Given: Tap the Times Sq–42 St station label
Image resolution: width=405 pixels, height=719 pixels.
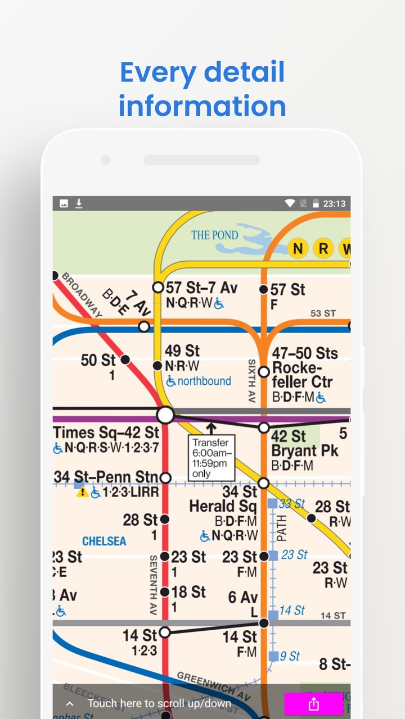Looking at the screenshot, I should tap(106, 433).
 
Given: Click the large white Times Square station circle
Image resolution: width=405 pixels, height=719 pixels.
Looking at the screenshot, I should tap(165, 415).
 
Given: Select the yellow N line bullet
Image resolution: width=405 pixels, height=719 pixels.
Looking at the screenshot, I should tap(298, 248).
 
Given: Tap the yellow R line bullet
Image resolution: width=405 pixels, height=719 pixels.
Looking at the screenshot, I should tap(323, 248).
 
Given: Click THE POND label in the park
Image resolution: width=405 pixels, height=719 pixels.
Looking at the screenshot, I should tap(214, 235).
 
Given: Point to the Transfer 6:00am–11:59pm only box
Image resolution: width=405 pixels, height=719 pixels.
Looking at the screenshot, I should tap(210, 458).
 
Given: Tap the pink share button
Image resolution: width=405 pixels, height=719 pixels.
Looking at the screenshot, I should tap(313, 704).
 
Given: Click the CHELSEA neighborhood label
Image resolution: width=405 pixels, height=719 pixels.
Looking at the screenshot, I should tap(104, 541).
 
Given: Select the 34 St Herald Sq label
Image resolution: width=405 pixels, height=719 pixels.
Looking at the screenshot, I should tap(223, 499).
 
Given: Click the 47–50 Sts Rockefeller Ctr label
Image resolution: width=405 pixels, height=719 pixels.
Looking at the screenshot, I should tap(304, 368).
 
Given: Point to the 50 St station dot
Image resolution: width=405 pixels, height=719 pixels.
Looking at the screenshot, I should tap(125, 359).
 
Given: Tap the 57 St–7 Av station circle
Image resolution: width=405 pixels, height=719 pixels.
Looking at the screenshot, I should tap(158, 288).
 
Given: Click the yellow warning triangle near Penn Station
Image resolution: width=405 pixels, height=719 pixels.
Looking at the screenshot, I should tap(83, 493).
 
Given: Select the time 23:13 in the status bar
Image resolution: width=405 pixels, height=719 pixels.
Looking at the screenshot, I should tap(334, 203).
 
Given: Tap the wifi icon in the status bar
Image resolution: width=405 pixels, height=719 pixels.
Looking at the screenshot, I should tap(290, 203).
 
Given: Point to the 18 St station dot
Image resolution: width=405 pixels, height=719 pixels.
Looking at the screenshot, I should tap(165, 591).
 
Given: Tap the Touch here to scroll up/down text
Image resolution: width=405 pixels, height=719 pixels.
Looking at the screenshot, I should tap(159, 703).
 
